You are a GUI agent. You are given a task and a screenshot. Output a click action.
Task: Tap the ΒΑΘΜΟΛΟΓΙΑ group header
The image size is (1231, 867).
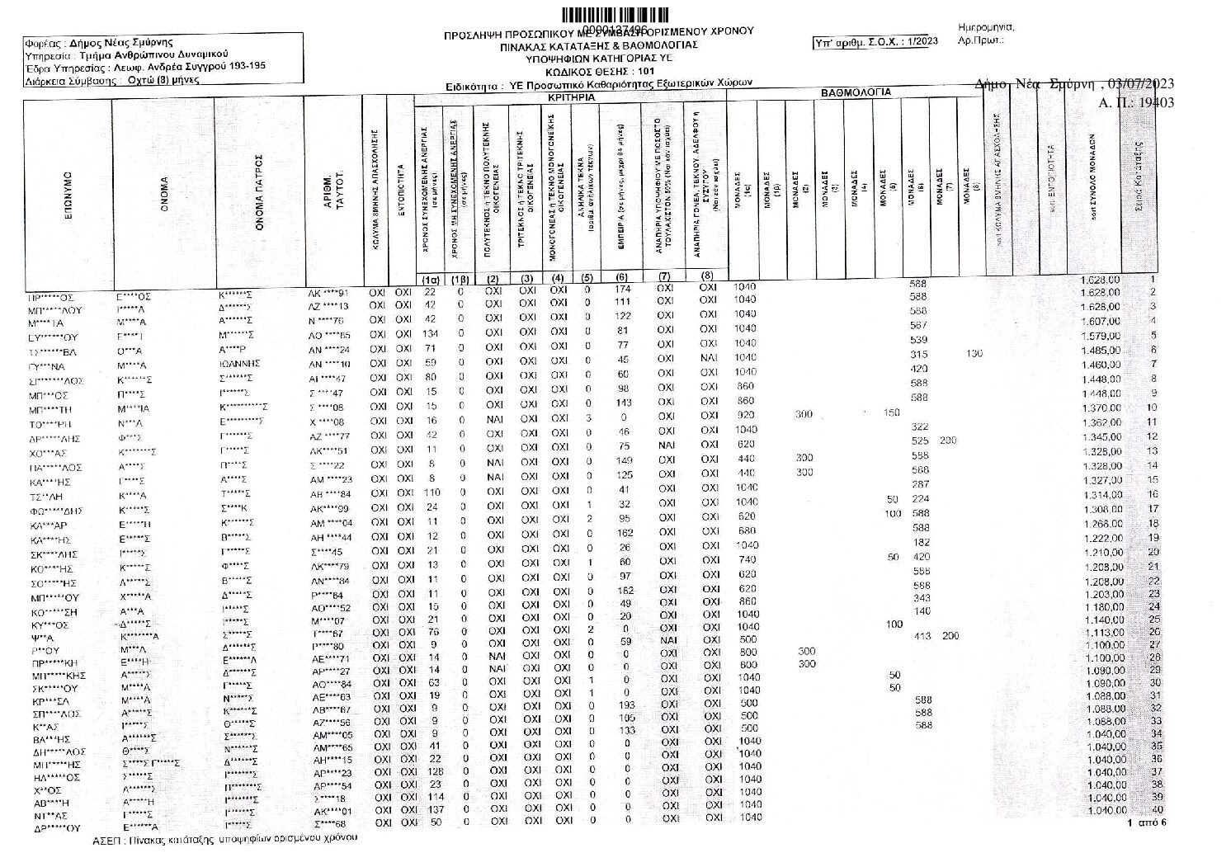point(856,93)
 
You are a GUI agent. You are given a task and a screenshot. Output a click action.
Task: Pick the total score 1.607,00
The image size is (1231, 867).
point(1100,321)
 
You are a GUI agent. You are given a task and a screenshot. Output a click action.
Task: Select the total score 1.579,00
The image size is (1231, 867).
point(1100,336)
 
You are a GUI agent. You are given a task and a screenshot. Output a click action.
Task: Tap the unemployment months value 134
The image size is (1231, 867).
point(430,333)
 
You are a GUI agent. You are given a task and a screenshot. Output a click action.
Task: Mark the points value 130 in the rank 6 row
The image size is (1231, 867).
point(974,354)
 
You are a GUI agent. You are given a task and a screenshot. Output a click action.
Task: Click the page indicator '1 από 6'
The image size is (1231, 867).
point(1146,823)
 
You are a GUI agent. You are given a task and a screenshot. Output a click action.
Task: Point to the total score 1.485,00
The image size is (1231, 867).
point(1100,350)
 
